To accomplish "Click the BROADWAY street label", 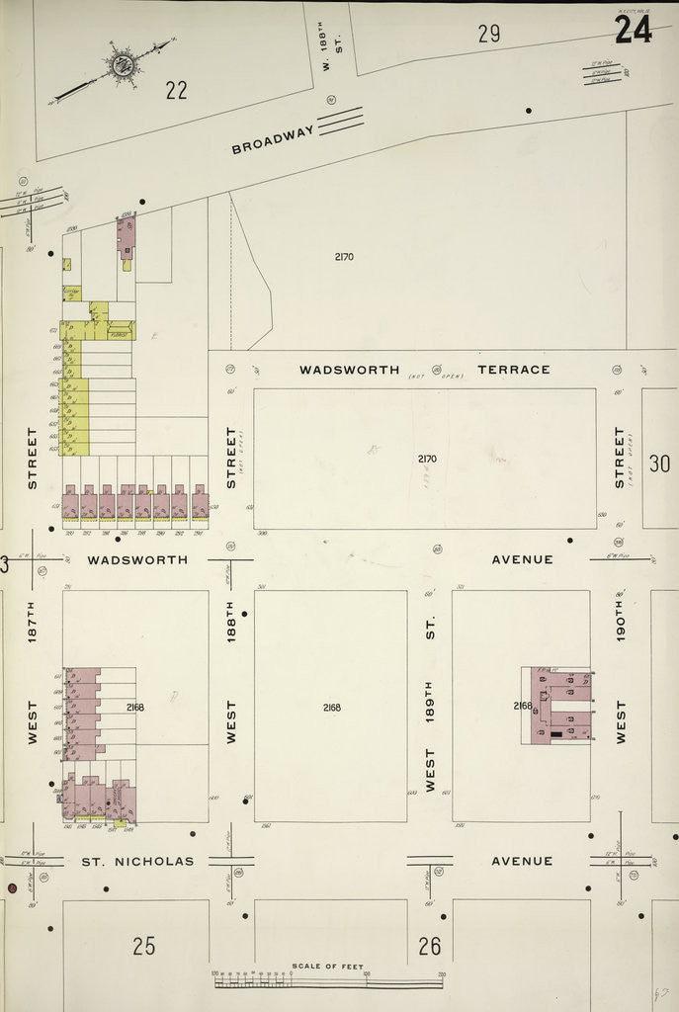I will [x=273, y=138].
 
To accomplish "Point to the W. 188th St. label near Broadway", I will [x=330, y=55].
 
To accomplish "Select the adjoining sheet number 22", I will [x=176, y=91].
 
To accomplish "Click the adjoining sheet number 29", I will [x=488, y=34].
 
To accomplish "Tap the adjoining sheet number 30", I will [x=659, y=463].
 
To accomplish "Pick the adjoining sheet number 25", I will [x=143, y=946].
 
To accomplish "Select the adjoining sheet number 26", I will [x=429, y=946].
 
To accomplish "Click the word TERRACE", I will [x=513, y=370].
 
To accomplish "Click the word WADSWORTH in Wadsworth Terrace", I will [x=350, y=370].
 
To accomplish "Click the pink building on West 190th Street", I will [x=559, y=705].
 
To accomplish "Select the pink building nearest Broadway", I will [x=127, y=238].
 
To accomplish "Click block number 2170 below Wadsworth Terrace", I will [x=426, y=459].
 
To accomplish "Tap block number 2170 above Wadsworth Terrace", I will [x=343, y=257].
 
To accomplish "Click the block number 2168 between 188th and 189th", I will [x=330, y=708].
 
